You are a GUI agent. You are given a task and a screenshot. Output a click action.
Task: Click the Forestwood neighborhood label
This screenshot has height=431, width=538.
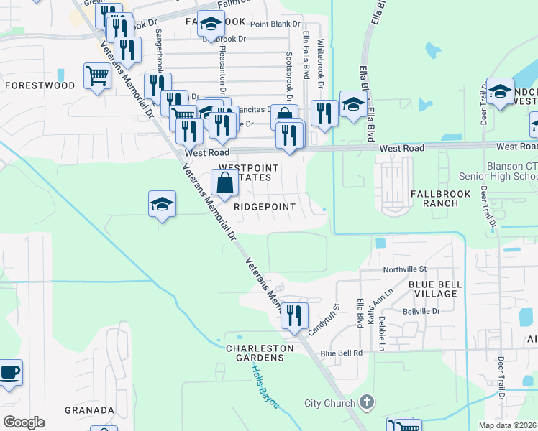tap(40, 85)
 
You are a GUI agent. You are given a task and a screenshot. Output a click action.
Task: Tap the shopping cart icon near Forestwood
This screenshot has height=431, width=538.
tap(97, 75)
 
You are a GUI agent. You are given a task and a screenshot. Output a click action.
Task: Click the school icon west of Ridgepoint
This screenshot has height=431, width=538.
tap(163, 204)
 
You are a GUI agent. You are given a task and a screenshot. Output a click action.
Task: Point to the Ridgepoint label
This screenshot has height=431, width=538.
tap(265, 207)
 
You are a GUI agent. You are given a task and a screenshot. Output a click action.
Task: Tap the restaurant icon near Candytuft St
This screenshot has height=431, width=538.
tap(294, 315)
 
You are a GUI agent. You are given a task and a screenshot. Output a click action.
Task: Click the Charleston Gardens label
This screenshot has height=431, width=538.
tap(260, 353)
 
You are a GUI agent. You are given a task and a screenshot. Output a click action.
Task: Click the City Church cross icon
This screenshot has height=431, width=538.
tap(366, 403)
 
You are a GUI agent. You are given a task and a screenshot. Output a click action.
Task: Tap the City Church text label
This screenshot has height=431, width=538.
tap(330, 404)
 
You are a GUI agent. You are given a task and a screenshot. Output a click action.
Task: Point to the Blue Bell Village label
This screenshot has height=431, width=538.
tap(434, 289)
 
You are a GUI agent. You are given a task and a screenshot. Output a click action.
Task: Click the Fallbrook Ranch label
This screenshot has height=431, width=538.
tap(440, 198)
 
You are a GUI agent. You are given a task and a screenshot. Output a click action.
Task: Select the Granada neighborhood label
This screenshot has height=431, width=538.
tap(90, 410)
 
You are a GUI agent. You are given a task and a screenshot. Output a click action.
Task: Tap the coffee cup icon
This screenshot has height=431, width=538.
tap(10, 372)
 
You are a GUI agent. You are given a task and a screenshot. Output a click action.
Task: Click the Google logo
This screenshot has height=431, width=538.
tap(24, 422)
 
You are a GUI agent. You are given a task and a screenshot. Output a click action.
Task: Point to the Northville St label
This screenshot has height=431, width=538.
tap(404, 269)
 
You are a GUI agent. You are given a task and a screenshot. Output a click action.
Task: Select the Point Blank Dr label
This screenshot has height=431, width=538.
tap(275, 24)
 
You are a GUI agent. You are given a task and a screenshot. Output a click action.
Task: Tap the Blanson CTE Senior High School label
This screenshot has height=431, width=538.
tap(498, 171)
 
